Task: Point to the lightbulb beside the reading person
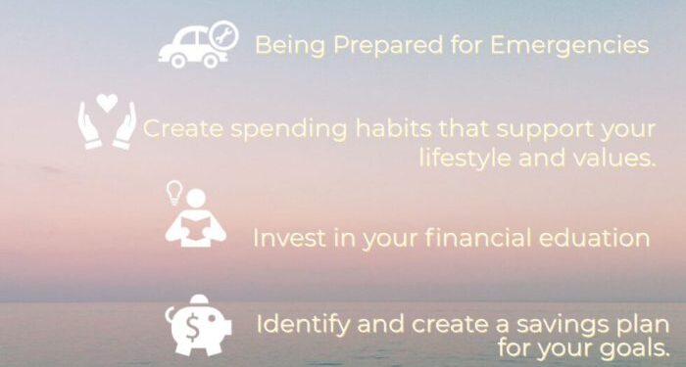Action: click(x=172, y=192)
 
